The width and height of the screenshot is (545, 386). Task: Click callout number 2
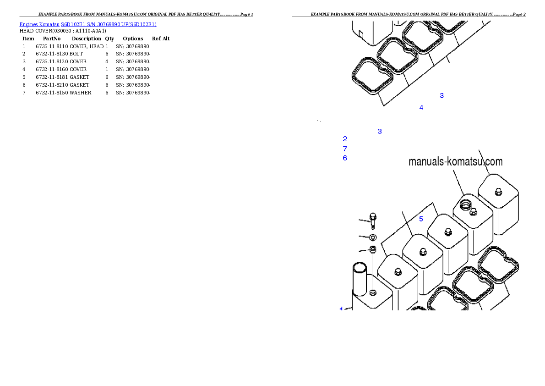(345, 139)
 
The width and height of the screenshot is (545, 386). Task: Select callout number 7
(345, 149)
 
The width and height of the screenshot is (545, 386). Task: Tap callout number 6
(345, 158)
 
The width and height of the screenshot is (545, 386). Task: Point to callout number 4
(421, 108)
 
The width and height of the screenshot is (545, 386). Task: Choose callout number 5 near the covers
(421, 219)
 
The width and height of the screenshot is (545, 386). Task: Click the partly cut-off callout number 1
(341, 309)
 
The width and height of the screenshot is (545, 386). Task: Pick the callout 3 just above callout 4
(441, 95)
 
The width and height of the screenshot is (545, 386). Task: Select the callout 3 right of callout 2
(380, 132)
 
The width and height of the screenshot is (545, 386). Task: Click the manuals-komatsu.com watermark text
(455, 162)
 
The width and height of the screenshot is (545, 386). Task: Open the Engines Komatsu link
(40, 24)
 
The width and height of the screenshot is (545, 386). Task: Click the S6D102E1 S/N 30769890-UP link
(109, 24)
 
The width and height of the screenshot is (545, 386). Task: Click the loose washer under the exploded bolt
(373, 237)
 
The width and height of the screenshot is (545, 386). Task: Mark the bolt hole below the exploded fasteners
(373, 292)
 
